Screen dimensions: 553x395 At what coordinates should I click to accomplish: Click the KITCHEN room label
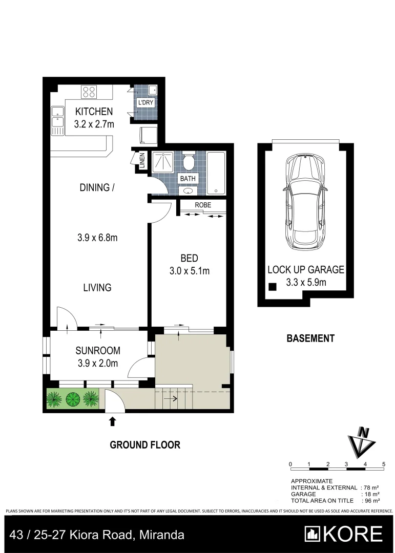94,112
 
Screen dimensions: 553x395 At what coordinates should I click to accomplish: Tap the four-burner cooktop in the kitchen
89,93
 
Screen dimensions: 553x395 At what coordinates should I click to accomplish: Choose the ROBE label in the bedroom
202,205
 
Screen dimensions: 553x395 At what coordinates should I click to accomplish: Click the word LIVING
97,288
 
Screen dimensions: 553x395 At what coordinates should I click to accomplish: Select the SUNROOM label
98,351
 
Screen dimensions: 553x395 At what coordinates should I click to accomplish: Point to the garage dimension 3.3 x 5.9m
305,282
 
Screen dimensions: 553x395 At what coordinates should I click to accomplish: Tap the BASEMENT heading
310,338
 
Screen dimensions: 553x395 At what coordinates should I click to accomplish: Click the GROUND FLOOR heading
145,444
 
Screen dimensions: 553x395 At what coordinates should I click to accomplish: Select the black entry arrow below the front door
112,422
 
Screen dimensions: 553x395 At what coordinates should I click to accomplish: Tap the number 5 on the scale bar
384,464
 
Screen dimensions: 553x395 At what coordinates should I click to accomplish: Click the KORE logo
343,535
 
